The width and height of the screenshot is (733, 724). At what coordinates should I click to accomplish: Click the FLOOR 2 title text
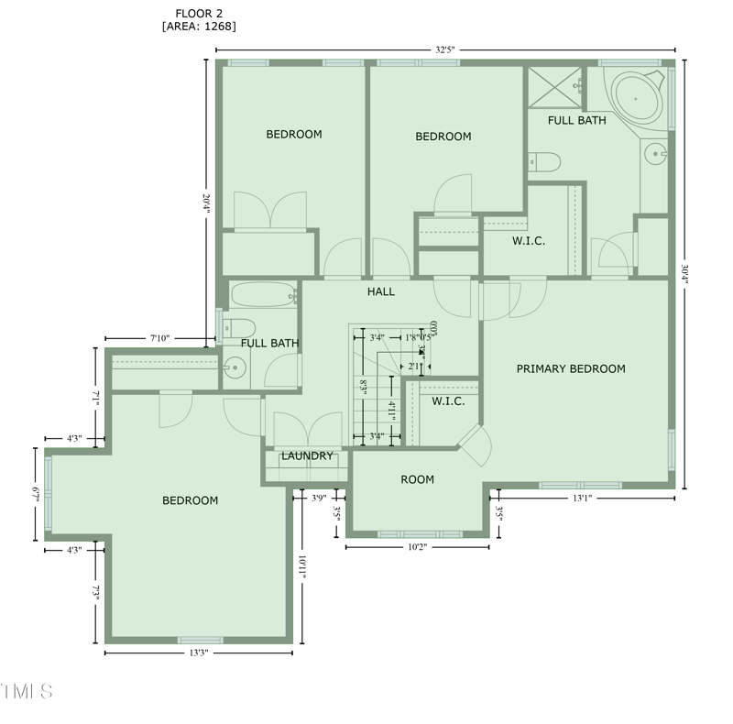pyautogui.click(x=198, y=13)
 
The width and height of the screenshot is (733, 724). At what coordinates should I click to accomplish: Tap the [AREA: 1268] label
pyautogui.click(x=198, y=27)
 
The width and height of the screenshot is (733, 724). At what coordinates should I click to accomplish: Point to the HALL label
pyautogui.click(x=381, y=291)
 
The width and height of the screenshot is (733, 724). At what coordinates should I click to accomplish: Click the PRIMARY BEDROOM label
pyautogui.click(x=571, y=368)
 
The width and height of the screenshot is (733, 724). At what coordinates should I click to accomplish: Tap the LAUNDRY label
pyautogui.click(x=307, y=455)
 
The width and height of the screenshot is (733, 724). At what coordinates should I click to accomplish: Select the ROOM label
pyautogui.click(x=417, y=479)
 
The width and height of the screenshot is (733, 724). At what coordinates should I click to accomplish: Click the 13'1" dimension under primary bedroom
pyautogui.click(x=583, y=499)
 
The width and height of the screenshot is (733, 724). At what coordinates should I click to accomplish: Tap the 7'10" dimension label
pyautogui.click(x=159, y=338)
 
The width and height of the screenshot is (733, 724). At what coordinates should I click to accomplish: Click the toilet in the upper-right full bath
pyautogui.click(x=546, y=162)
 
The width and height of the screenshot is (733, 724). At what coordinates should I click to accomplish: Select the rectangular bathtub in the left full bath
pyautogui.click(x=262, y=295)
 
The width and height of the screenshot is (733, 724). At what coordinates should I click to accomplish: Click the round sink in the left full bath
pyautogui.click(x=235, y=369)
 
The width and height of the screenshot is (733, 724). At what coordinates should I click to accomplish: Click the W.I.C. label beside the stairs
pyautogui.click(x=448, y=401)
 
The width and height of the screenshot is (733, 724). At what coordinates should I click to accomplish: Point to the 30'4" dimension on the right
pyautogui.click(x=685, y=275)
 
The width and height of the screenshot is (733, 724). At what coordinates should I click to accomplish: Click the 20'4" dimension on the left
pyautogui.click(x=206, y=203)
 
